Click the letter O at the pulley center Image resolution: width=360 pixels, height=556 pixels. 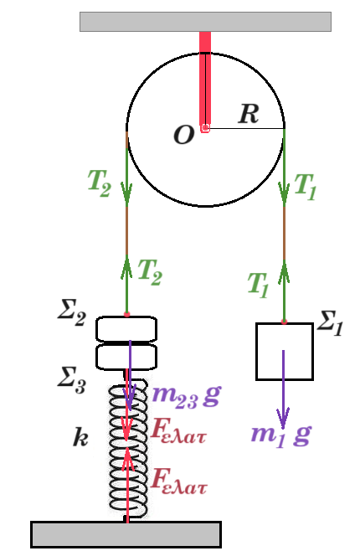184,135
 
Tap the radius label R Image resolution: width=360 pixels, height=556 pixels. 249,114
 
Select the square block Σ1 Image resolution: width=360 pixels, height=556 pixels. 285,352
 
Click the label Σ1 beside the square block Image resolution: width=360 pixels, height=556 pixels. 330,322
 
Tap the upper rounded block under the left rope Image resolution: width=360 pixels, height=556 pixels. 126,329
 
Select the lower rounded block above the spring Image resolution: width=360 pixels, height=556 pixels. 126,357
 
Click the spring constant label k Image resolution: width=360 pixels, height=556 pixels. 80,437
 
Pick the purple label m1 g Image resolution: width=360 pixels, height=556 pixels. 281,435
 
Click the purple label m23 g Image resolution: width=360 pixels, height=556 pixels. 187,396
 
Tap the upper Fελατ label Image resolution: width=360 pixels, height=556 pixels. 178,430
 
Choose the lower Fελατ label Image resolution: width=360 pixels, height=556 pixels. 179,481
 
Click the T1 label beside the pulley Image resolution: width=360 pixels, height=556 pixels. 305,187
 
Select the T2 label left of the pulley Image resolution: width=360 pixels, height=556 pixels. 100,183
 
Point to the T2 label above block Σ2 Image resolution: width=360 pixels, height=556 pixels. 150,272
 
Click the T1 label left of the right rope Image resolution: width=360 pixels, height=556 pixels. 258,285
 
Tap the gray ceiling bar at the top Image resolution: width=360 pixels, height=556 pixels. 205,22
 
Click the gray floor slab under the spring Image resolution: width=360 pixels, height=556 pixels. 126,534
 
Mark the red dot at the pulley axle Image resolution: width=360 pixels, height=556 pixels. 205,127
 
